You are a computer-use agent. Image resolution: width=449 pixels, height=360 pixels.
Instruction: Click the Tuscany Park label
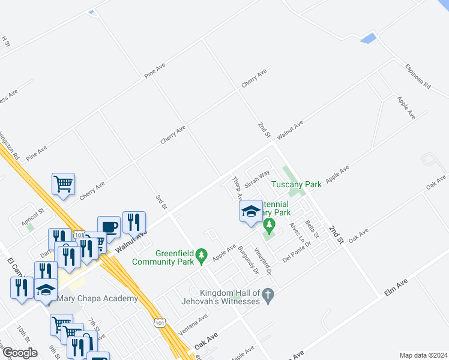click(296, 184)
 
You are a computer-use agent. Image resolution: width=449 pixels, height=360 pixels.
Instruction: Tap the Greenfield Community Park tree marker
click(202, 256)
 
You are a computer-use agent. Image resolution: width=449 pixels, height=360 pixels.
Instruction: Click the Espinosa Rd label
click(418, 76)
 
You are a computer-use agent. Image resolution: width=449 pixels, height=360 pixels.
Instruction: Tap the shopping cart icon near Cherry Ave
click(64, 184)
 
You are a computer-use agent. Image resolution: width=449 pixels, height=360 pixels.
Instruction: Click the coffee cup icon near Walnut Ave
click(109, 227)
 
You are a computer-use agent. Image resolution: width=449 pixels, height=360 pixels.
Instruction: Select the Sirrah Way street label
click(257, 178)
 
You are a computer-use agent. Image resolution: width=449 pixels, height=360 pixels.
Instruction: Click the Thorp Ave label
click(237, 188)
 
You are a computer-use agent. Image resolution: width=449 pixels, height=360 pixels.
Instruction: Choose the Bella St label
click(312, 228)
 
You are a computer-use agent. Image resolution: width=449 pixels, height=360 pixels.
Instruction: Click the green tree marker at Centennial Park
click(269, 226)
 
